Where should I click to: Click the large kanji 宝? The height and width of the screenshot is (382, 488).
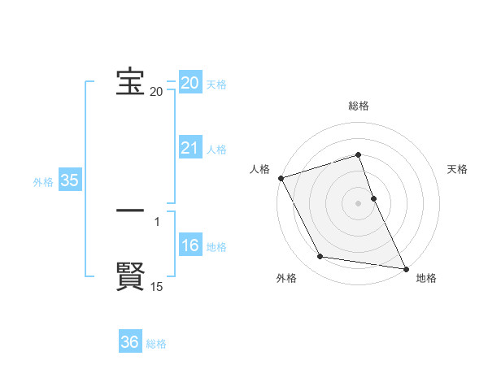pos(130,81)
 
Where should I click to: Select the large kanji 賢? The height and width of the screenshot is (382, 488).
pos(130,276)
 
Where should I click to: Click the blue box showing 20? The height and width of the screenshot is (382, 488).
pos(190,83)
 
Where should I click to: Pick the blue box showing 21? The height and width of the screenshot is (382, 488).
pos(190,148)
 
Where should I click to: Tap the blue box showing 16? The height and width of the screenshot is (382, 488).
pos(190,246)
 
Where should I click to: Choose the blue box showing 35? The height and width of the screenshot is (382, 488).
pos(70,180)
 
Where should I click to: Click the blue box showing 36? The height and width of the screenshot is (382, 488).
pos(130,342)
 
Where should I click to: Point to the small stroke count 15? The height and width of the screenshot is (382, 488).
pos(157,287)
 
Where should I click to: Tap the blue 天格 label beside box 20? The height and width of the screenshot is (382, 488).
pos(216,85)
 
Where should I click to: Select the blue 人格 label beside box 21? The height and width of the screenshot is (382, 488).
pos(216,150)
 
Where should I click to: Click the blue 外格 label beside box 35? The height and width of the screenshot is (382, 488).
pos(43,182)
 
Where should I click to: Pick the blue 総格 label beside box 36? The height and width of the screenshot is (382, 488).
pos(156,344)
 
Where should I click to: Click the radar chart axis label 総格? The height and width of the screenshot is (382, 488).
pos(359,106)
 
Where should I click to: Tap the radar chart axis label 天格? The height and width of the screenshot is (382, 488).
pos(458,169)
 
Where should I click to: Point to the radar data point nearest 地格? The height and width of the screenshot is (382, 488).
pos(405,267)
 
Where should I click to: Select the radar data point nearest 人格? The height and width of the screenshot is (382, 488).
pos(281,178)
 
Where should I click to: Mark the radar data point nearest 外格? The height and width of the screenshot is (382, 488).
pos(320,257)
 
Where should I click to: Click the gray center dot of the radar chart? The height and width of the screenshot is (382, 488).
pos(359,203)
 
